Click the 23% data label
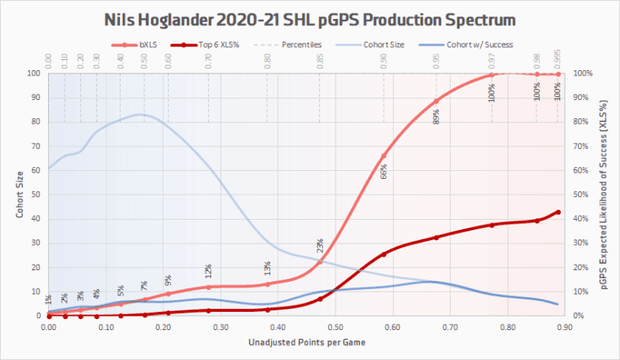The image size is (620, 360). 321,247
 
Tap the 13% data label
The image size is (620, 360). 268,269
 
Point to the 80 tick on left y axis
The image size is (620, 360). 34,121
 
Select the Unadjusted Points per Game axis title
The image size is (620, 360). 306,344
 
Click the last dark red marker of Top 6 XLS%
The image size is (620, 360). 558,212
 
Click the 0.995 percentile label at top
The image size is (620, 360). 558,59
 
